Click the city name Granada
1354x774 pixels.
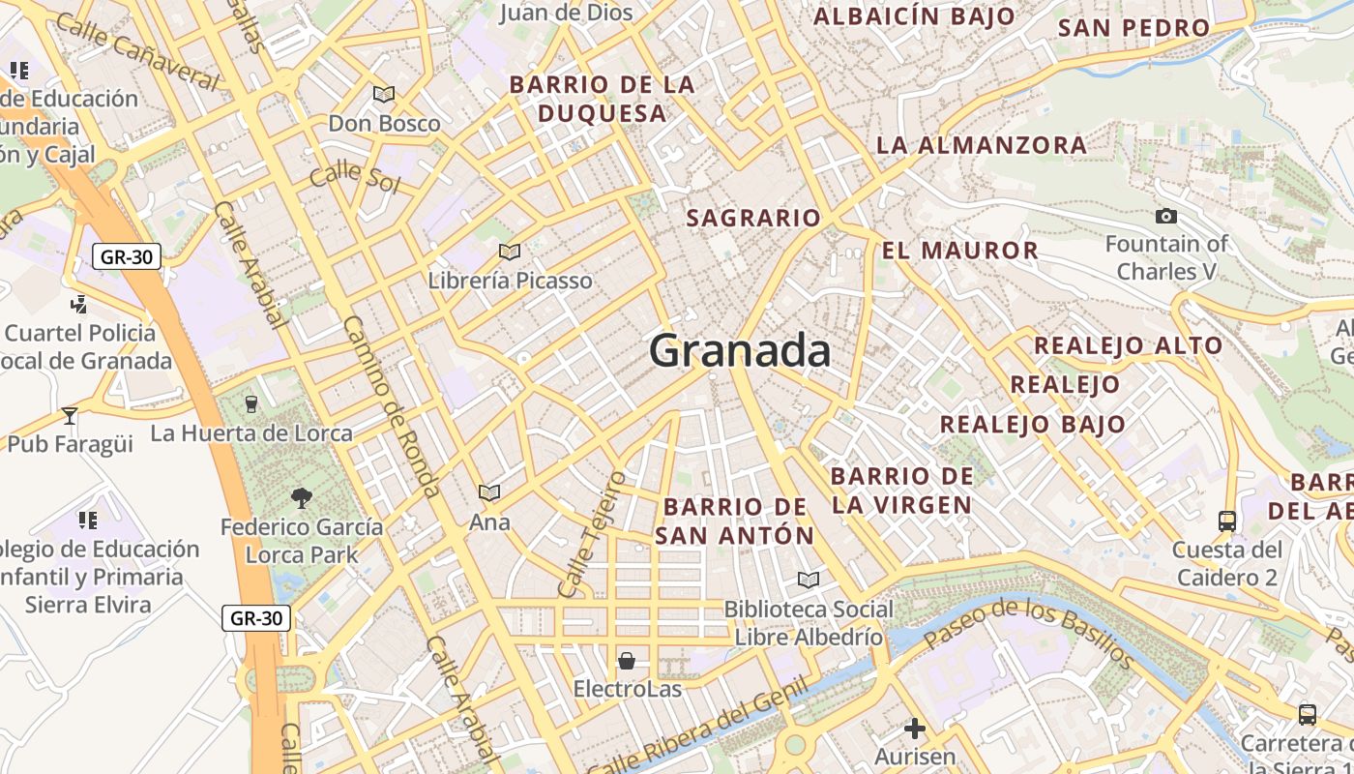pyautogui.click(x=740, y=350)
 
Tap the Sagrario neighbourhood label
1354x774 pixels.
pyautogui.click(x=753, y=219)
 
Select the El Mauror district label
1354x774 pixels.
pyautogui.click(x=959, y=251)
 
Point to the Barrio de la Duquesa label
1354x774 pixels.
pyautogui.click(x=603, y=99)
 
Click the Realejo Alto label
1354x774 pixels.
pyautogui.click(x=1129, y=345)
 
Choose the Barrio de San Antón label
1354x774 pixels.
pyautogui.click(x=735, y=521)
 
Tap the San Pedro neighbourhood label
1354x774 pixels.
pyautogui.click(x=1134, y=28)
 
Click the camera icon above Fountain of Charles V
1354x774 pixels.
pyautogui.click(x=1166, y=217)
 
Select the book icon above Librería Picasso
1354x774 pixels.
pyautogui.click(x=510, y=253)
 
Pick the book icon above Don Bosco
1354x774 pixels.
pyautogui.click(x=384, y=95)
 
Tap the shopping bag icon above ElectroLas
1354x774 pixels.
pyautogui.click(x=627, y=662)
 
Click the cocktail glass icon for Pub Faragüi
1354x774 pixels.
pyautogui.click(x=69, y=416)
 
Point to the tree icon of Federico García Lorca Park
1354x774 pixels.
pyautogui.click(x=302, y=498)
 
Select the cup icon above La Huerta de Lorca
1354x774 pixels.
pyautogui.click(x=251, y=403)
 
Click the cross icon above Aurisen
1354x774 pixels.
pyautogui.click(x=915, y=728)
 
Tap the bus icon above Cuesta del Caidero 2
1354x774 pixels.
pyautogui.click(x=1227, y=521)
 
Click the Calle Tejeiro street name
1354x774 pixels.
pyautogui.click(x=592, y=533)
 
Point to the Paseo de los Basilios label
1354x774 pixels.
pyautogui.click(x=1028, y=633)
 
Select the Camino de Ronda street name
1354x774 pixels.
pyautogui.click(x=392, y=406)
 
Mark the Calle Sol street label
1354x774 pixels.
pyautogui.click(x=354, y=177)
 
